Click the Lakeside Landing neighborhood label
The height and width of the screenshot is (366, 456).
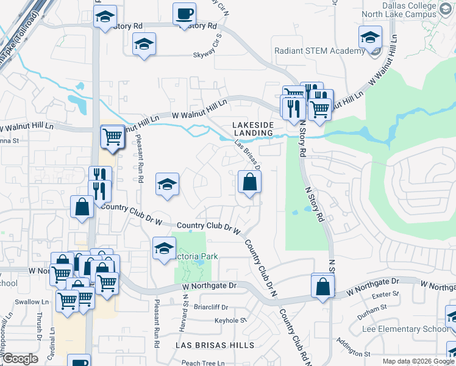[x=252, y=128]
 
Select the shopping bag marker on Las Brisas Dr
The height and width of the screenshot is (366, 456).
[x=249, y=182]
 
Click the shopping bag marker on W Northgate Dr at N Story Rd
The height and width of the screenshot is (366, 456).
[x=322, y=285]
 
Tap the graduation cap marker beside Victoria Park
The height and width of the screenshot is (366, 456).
[x=164, y=248]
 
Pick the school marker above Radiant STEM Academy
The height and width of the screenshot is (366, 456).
[x=370, y=38]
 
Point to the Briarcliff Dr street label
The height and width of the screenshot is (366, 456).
[x=211, y=307]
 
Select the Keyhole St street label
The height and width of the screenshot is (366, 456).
[x=230, y=320]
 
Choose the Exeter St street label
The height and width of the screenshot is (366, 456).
[x=387, y=294]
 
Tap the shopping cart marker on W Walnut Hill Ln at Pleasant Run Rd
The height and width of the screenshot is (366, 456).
[x=113, y=137]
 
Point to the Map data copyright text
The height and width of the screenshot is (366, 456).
[x=418, y=361]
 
